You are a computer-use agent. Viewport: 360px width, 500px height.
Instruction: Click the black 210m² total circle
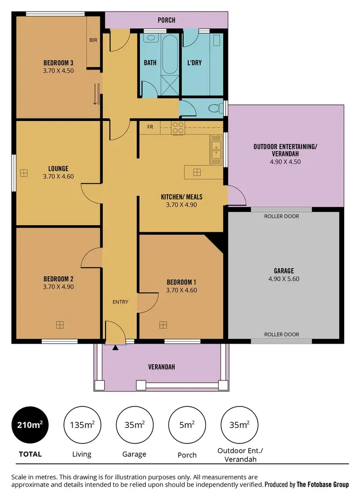pos(30,425)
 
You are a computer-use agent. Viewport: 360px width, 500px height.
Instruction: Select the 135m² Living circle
pos(82,425)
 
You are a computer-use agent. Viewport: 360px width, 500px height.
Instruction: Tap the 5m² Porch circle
pos(187,425)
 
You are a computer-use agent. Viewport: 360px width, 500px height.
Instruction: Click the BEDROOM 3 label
pos(58,62)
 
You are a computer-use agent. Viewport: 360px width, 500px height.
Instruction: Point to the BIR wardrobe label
pos(93,40)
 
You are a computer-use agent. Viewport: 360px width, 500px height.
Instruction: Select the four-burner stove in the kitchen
pos(178,127)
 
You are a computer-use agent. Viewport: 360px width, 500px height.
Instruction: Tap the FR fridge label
pos(150,127)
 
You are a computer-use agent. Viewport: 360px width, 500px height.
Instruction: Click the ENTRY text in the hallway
pos(120,302)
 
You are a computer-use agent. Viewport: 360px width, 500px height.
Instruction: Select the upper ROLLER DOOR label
pos(281,216)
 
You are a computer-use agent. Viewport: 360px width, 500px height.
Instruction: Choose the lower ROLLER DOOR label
pos(281,334)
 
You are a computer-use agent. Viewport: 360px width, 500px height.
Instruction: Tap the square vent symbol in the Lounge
pos(24,173)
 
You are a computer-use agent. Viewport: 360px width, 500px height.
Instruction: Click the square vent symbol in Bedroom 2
pos(60,325)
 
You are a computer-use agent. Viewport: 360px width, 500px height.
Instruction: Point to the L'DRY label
pos(194,63)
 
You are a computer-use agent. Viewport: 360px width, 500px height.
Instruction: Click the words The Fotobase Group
pos(323,485)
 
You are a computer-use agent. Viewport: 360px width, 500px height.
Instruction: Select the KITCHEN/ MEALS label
pos(181,197)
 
